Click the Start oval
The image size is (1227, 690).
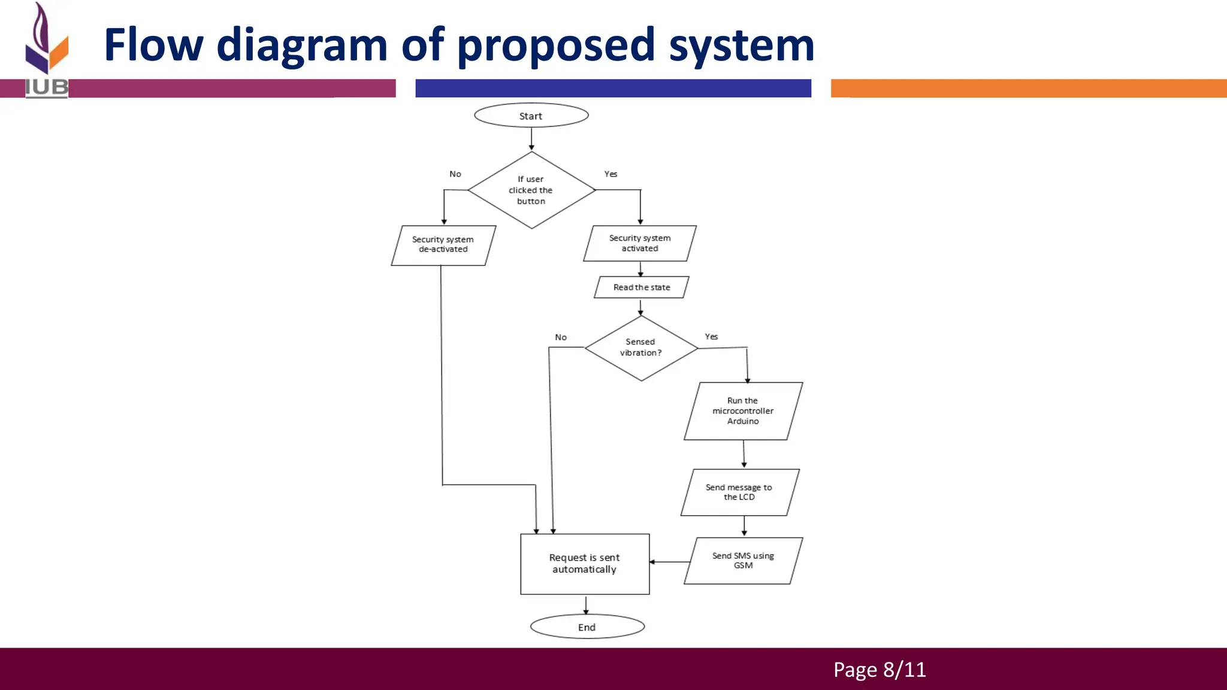[x=531, y=116]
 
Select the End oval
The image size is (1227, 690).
[x=587, y=627]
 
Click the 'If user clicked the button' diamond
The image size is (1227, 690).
[x=531, y=190]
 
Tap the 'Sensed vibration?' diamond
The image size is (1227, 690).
[x=640, y=347]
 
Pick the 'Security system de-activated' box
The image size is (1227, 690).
[x=443, y=245]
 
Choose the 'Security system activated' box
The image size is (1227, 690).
[x=639, y=243]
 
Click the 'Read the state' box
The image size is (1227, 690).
[x=641, y=287]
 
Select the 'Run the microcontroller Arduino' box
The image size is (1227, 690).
[x=742, y=411]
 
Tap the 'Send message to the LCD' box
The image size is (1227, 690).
[x=739, y=492]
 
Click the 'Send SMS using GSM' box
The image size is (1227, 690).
[x=743, y=561]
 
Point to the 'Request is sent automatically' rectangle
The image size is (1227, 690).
[x=585, y=564]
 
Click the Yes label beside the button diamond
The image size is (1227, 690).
[x=611, y=174]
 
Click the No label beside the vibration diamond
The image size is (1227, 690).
[x=561, y=338]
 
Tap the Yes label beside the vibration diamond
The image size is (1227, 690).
[x=711, y=337]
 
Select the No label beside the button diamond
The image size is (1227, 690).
[x=455, y=174]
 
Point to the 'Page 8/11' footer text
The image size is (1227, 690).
[x=879, y=670]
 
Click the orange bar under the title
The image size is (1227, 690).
[x=1028, y=88]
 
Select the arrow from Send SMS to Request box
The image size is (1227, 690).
[x=669, y=562]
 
